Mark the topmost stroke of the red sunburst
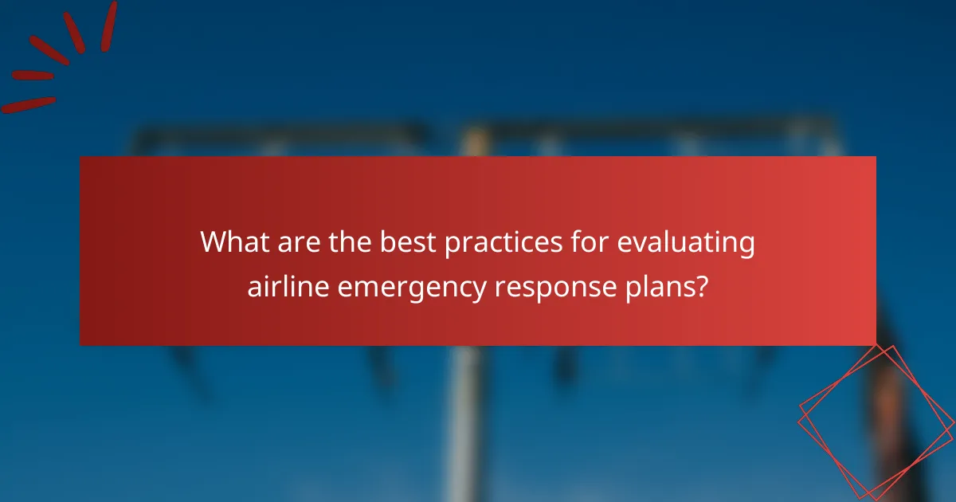point(108,25)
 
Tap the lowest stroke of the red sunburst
point(29,104)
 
